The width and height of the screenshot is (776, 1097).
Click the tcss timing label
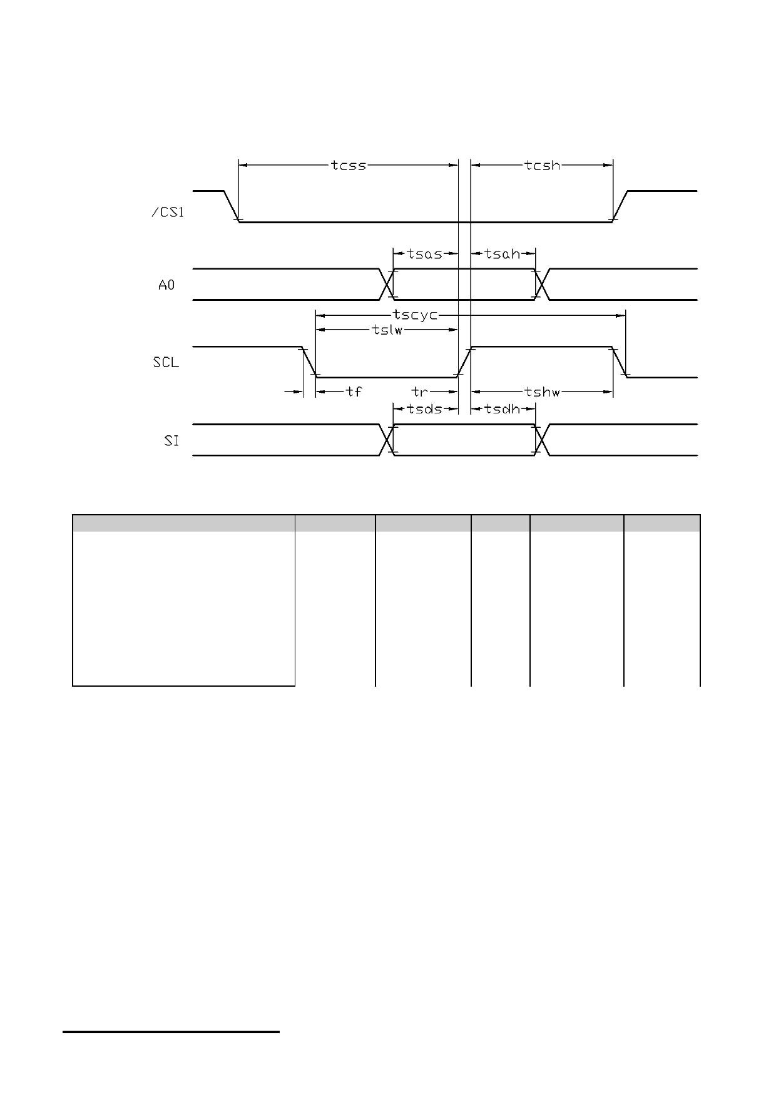point(349,166)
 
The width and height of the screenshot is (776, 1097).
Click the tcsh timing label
point(543,166)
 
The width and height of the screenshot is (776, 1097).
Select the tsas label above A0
point(425,254)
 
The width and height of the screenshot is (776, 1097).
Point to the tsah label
point(503,254)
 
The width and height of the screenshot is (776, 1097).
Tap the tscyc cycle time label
point(415,315)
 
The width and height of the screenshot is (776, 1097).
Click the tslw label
point(387,330)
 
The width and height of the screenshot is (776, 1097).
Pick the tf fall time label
point(354,392)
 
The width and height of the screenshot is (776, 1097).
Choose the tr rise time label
point(419,392)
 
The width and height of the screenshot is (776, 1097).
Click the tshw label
point(543,392)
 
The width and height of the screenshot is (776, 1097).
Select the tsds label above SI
point(425,409)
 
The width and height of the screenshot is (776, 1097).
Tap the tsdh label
point(503,409)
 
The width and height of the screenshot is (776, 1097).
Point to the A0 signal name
point(166,285)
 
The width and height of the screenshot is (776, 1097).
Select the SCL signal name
point(166,362)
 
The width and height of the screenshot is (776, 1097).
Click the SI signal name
point(171,440)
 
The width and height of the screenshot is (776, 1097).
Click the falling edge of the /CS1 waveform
point(232,206)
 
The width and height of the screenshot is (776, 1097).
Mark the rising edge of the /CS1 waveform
point(620,206)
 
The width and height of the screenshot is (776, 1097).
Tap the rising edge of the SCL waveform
point(464,362)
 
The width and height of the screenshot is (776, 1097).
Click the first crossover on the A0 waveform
point(387,285)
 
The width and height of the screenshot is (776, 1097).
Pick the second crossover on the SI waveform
point(542,440)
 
